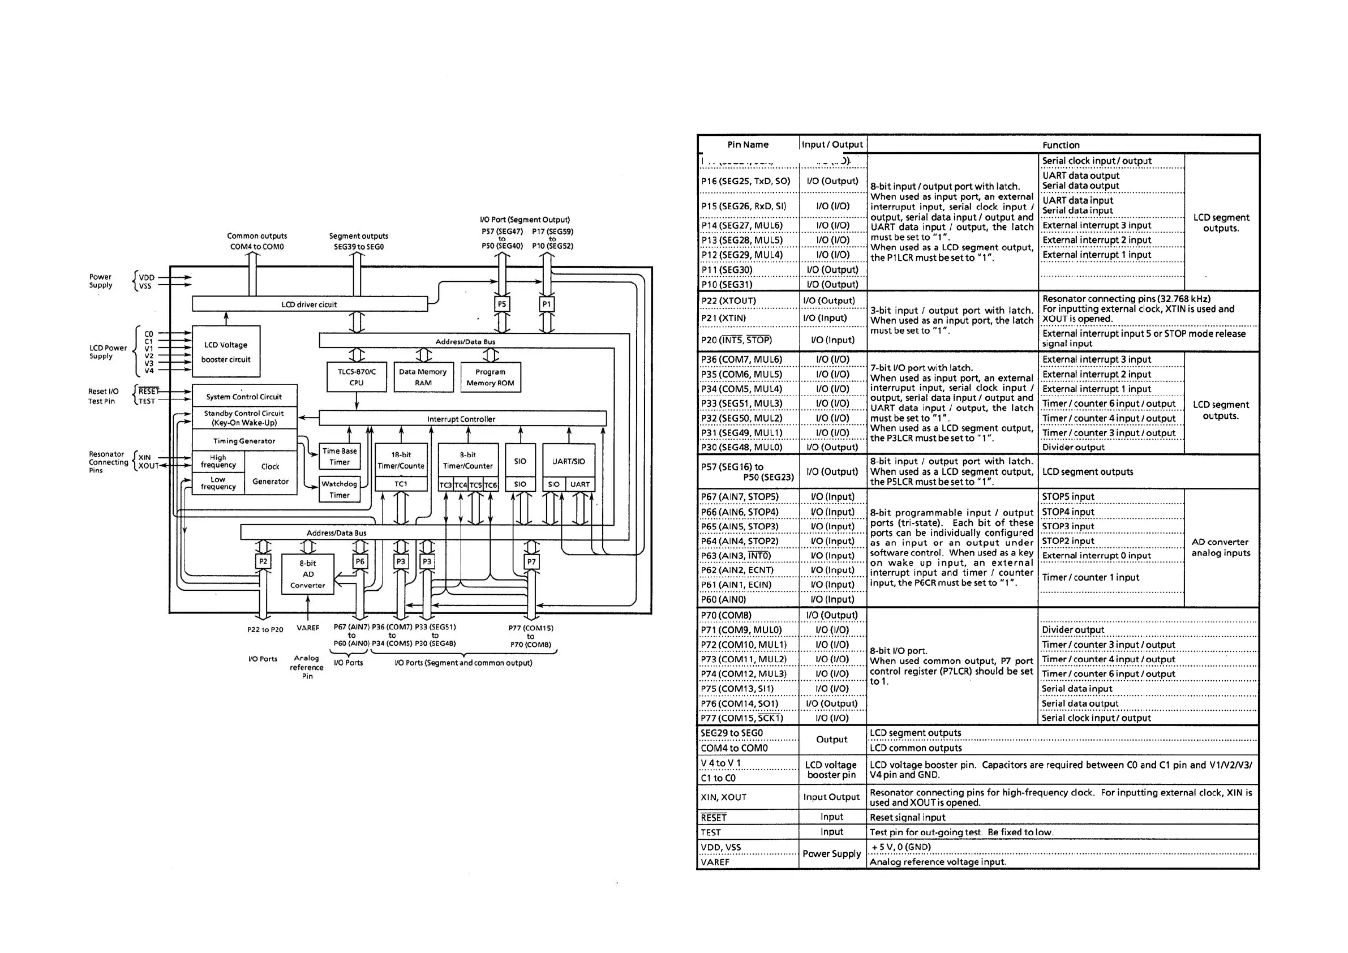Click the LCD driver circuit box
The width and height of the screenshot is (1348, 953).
click(310, 304)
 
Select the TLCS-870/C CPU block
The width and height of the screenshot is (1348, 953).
click(357, 377)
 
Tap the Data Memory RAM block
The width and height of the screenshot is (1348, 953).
click(423, 377)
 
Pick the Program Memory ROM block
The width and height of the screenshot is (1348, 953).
click(490, 377)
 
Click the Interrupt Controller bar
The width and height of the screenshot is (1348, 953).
click(461, 419)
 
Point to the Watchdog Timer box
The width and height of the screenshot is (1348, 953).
click(340, 489)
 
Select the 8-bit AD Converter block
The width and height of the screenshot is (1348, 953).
click(308, 574)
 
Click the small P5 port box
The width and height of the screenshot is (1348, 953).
click(501, 304)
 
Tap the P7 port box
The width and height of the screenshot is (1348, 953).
click(531, 562)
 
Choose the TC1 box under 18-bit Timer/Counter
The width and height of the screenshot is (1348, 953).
click(401, 484)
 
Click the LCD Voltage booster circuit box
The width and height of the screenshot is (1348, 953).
click(226, 352)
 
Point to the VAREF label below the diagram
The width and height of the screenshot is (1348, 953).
click(308, 628)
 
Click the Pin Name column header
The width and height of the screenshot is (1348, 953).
click(748, 144)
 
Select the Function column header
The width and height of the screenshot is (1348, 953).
click(1061, 145)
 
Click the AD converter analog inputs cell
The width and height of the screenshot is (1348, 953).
click(1221, 547)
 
